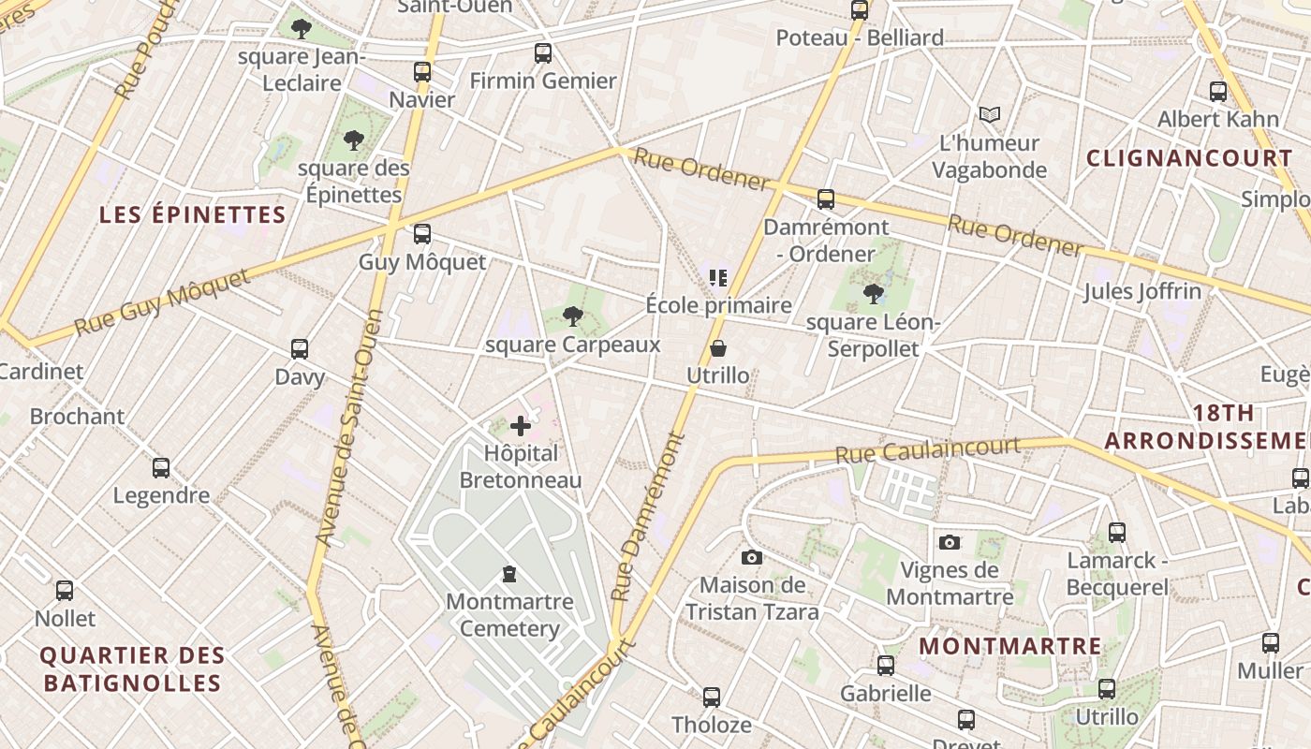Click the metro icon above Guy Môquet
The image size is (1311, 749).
[422, 233]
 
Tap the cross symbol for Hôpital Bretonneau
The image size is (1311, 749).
[521, 427]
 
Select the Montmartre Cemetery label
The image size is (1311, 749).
[509, 614]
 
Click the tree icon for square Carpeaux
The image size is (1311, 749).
[573, 316]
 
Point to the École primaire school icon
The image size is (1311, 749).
[718, 277]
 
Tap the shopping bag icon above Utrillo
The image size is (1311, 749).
[718, 348]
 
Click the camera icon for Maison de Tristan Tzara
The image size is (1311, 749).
[751, 558]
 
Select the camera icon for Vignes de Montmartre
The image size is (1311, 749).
[950, 542]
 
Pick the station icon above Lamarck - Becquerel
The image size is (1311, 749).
[1117, 533]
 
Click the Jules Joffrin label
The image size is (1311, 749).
[1142, 291]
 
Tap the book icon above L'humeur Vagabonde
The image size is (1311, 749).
[990, 115]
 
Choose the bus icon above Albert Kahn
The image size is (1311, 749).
[1218, 92]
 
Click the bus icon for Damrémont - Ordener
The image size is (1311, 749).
[826, 199]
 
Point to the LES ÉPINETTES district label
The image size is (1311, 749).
[193, 214]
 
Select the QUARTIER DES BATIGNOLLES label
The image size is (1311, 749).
[133, 668]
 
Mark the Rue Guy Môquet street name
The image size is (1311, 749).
[163, 301]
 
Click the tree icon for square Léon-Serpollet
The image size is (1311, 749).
[874, 294]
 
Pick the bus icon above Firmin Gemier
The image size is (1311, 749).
[543, 53]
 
